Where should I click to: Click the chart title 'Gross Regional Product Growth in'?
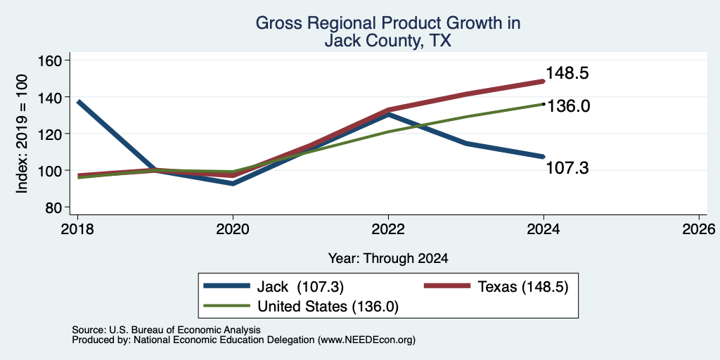coord(388,23)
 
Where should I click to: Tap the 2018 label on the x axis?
coord(77,229)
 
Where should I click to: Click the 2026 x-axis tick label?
coord(699,229)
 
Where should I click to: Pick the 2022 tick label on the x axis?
coord(388,229)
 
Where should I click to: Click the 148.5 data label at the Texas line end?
coord(567,73)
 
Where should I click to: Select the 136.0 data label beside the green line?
coord(567,106)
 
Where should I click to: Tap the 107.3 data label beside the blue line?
coord(567,169)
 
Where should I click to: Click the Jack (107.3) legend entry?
coord(274,287)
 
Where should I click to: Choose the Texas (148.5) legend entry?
coord(496,287)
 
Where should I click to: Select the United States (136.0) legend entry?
coord(301,307)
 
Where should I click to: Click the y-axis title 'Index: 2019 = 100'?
coord(22,134)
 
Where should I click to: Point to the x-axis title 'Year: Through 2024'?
coord(388,259)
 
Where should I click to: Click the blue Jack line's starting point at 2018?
coord(79,101)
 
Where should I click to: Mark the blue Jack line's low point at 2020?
coord(233,184)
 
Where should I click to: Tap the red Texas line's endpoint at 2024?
coord(544,82)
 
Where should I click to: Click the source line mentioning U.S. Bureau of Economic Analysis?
coord(166,330)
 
